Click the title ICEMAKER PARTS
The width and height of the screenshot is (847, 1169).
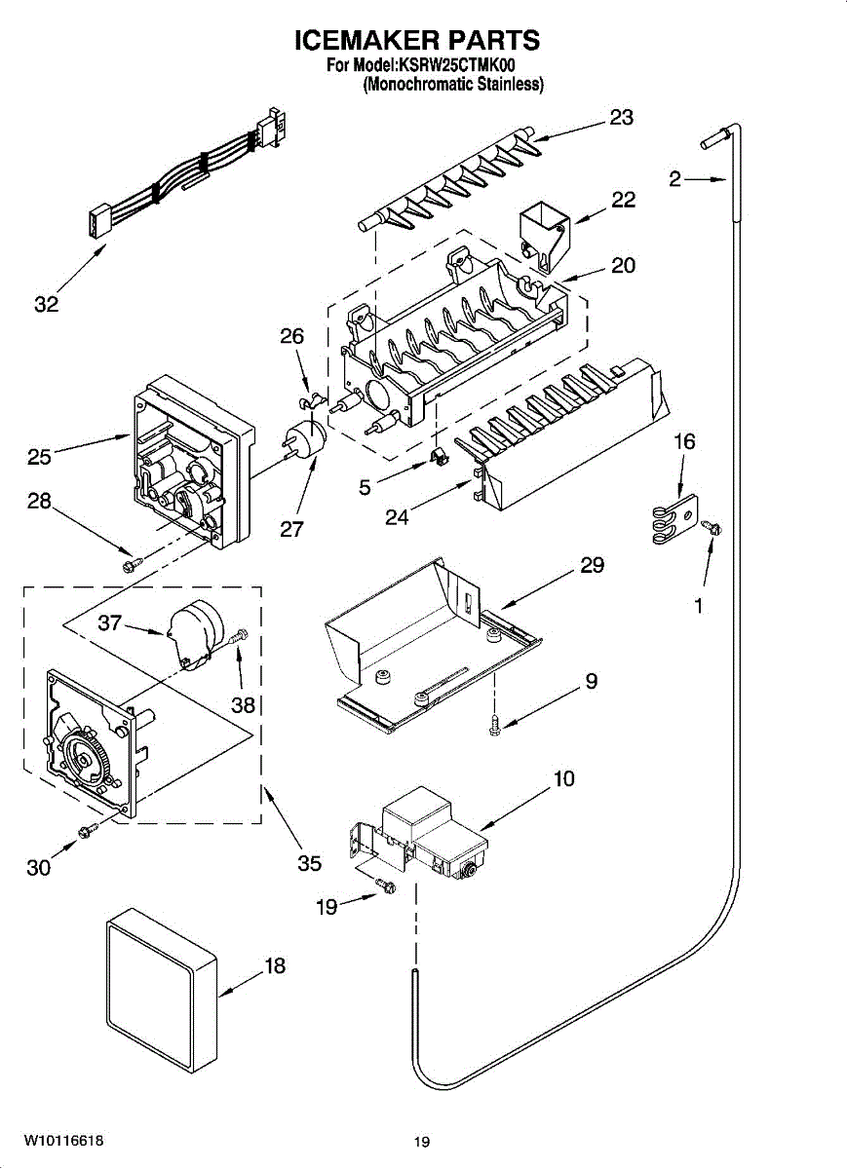(417, 41)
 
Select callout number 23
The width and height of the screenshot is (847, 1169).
(621, 118)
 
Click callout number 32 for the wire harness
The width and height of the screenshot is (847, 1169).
(46, 304)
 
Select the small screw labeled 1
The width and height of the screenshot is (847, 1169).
(713, 527)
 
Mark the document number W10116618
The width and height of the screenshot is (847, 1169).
(64, 1140)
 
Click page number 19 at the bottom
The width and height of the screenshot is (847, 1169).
(421, 1142)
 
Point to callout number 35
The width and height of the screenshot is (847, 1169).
(309, 863)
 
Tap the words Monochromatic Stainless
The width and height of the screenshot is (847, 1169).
(453, 85)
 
